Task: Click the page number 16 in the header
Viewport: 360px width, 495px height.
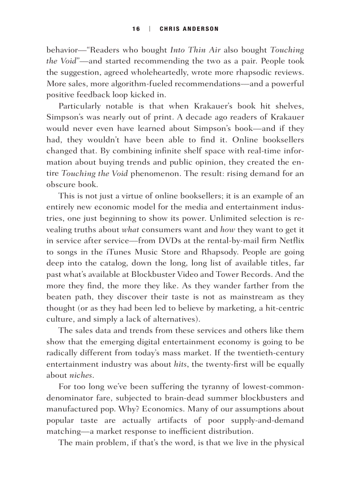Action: pos(136,29)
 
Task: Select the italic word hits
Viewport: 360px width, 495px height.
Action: pos(180,364)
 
